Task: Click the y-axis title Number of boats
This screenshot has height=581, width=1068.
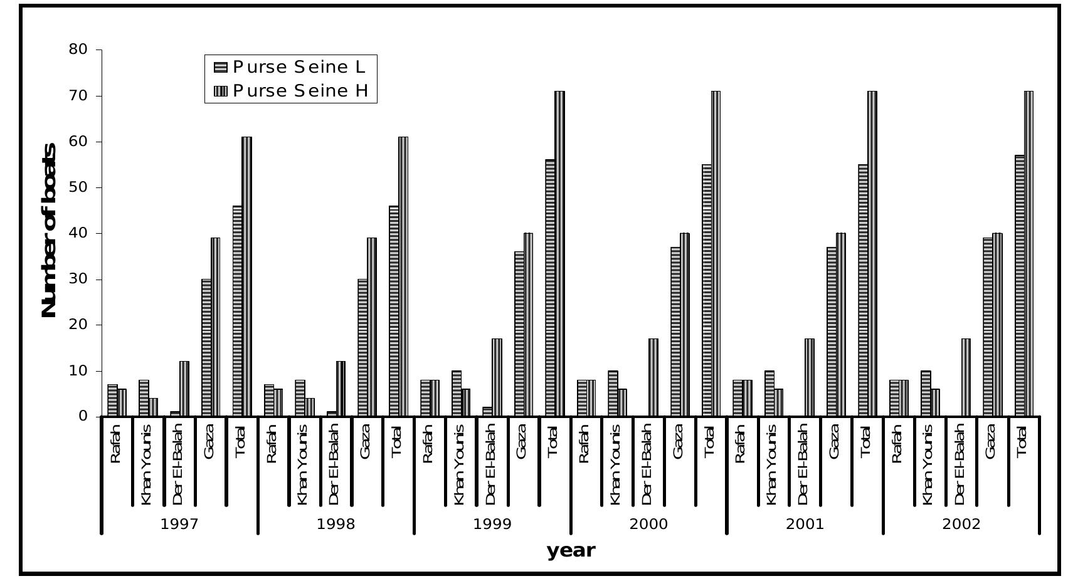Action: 49,230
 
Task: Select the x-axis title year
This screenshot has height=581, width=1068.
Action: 570,550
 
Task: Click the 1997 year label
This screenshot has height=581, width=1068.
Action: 179,524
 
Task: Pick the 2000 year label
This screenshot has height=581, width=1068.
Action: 648,524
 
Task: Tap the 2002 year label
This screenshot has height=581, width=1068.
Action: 961,524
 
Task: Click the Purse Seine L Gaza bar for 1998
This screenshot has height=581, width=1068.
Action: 362,348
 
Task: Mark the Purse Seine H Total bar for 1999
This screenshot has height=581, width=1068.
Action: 559,254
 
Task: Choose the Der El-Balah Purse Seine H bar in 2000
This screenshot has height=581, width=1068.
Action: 653,377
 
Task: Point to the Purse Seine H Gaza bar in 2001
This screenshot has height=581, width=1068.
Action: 841,325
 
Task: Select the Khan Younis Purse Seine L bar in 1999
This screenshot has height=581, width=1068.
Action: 456,394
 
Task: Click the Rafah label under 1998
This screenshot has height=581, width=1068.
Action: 272,444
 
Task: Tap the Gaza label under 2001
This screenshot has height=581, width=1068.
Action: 835,441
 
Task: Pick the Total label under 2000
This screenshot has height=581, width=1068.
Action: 709,441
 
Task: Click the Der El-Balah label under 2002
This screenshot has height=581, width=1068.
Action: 960,464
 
